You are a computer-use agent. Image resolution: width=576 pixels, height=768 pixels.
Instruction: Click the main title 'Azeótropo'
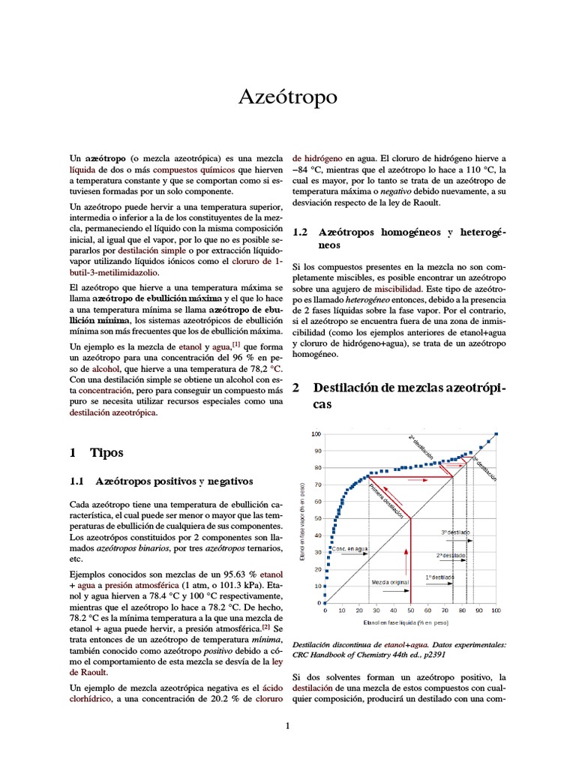click(287, 97)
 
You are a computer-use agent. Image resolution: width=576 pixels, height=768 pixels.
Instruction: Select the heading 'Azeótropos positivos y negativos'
click(174, 481)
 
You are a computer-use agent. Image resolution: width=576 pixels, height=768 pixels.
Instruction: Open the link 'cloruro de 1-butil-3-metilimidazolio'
click(232, 261)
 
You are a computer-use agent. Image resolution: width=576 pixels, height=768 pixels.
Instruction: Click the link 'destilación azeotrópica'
click(112, 412)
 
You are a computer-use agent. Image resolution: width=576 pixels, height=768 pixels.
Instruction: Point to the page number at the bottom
click(288, 726)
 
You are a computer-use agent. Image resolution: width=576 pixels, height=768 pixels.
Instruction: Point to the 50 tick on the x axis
click(410, 611)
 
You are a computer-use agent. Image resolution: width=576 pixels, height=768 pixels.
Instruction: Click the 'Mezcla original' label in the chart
click(391, 581)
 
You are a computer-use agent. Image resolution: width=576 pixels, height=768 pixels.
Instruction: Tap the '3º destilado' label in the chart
click(454, 532)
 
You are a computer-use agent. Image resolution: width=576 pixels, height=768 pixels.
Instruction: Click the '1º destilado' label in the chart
click(439, 577)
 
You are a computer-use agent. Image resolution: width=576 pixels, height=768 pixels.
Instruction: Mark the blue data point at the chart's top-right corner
click(496, 434)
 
